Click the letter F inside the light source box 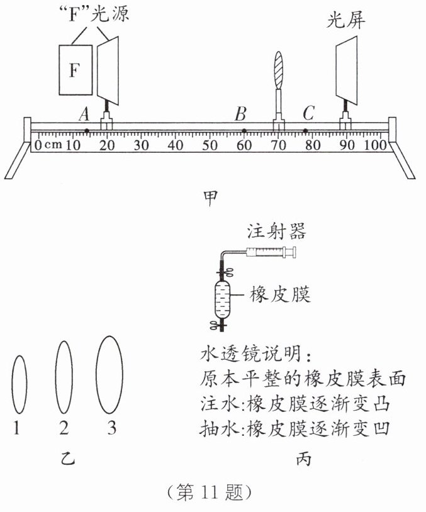(74, 70)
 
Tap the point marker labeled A (86, 131)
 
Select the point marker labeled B (244, 131)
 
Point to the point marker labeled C (306, 131)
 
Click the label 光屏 (345, 20)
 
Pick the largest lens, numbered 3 (109, 374)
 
